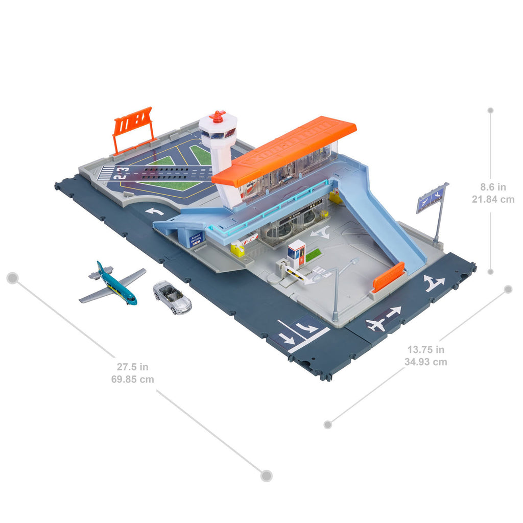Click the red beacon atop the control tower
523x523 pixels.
[x=218, y=116]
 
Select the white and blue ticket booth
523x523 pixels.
[x=296, y=253]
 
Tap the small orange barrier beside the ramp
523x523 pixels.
[x=388, y=277]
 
